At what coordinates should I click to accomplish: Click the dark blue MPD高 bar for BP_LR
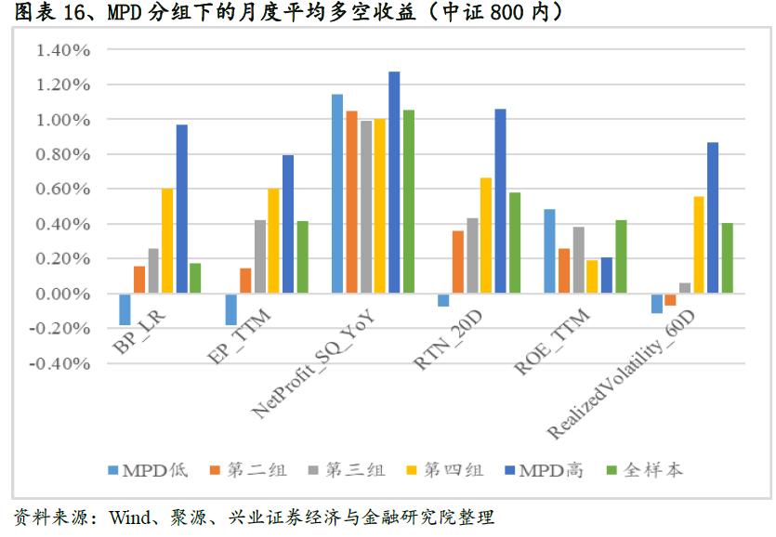tap(181, 209)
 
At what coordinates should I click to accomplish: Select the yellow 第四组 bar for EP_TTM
tap(274, 242)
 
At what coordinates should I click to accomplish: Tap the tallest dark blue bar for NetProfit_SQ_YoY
tap(394, 182)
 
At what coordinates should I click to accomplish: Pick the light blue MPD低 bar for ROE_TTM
tap(549, 252)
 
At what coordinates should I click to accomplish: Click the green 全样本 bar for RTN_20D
tap(514, 243)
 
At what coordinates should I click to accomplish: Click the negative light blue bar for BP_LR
tap(125, 309)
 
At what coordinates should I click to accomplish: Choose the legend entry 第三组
tap(354, 470)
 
